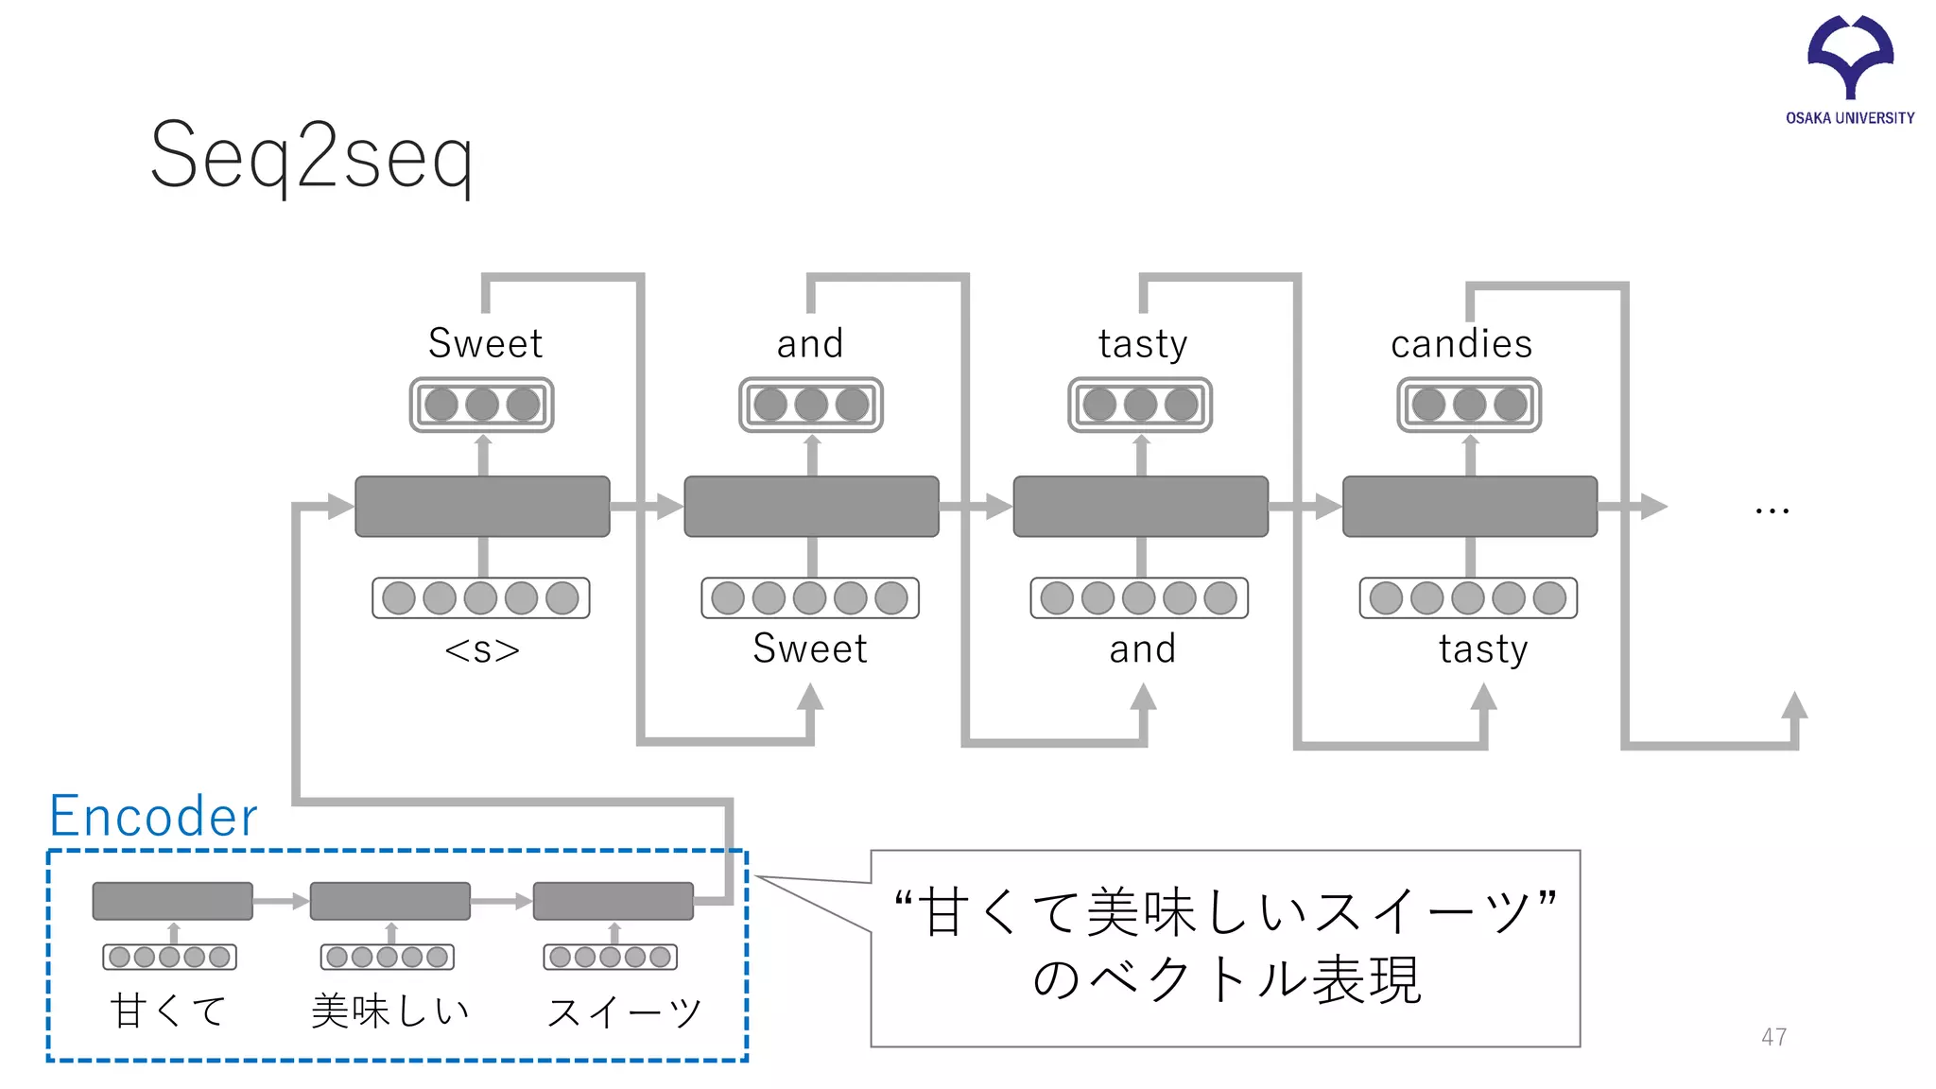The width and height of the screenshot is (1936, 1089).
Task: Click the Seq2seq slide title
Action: pyautogui.click(x=312, y=157)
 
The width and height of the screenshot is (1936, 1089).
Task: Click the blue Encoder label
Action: pyautogui.click(x=153, y=816)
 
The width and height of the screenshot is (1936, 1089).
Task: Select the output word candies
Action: pyautogui.click(x=1461, y=343)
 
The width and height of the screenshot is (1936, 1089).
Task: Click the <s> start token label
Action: pyautogui.click(x=482, y=650)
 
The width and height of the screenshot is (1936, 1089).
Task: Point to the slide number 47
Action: pyautogui.click(x=1773, y=1037)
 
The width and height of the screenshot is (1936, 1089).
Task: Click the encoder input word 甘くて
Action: pyautogui.click(x=169, y=1011)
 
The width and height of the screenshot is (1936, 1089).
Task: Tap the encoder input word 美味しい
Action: pyautogui.click(x=390, y=1011)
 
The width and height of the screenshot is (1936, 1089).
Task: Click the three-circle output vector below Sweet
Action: pyautogui.click(x=482, y=405)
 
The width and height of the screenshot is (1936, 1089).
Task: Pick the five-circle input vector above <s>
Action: pyautogui.click(x=481, y=598)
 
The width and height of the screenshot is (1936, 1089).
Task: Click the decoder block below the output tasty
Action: pyautogui.click(x=1140, y=507)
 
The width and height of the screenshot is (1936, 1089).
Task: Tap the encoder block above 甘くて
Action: pyautogui.click(x=172, y=900)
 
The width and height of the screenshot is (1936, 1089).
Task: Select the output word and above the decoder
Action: pyautogui.click(x=810, y=343)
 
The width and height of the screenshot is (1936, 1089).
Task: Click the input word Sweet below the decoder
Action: pyautogui.click(x=810, y=648)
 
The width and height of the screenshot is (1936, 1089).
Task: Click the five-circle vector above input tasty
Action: pyautogui.click(x=1468, y=598)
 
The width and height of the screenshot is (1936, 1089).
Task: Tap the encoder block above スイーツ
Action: pyautogui.click(x=614, y=900)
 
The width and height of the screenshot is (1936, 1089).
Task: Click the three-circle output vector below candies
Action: pyautogui.click(x=1469, y=405)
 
